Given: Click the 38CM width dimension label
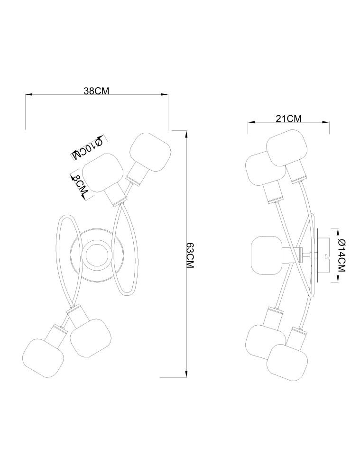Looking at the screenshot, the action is tap(96, 91).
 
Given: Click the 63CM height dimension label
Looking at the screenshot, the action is tap(190, 255).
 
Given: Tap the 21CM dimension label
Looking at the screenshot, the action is tap(288, 118).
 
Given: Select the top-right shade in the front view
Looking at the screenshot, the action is tap(150, 152).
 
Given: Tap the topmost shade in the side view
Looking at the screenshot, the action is tap(287, 148).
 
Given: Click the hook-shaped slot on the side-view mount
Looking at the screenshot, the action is tap(326, 258).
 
